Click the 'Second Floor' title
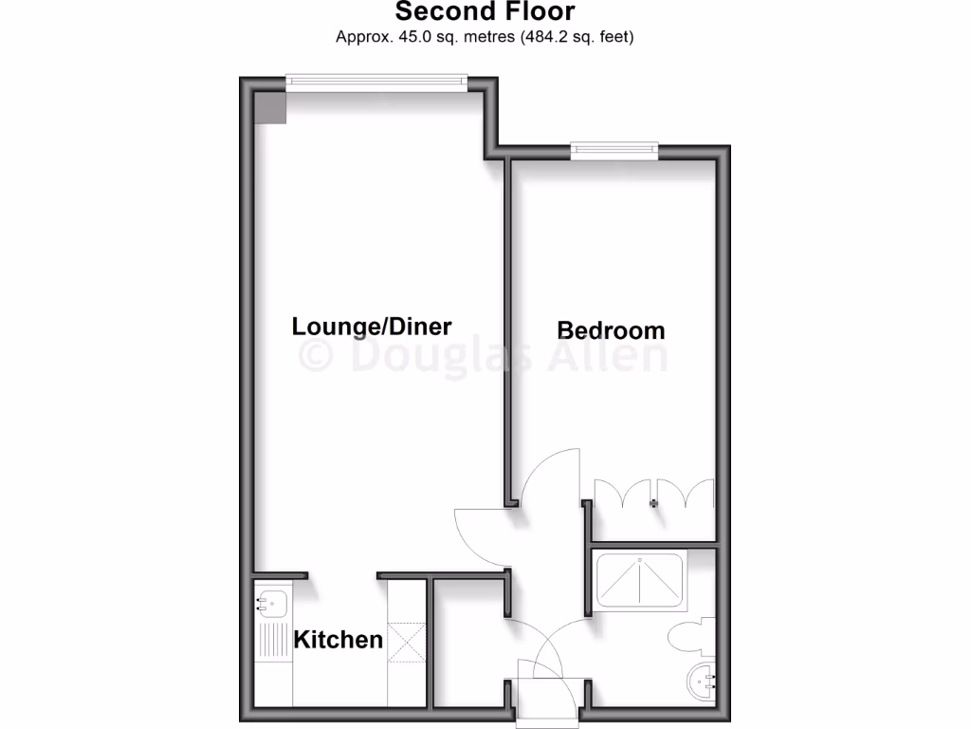point(485,12)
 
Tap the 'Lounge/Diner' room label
point(372,327)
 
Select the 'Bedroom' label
point(611,330)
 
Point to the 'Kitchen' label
point(339,640)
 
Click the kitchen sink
point(272,601)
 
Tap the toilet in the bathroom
point(689,636)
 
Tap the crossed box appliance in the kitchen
point(410,642)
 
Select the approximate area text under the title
point(485,37)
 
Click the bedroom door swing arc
point(550,475)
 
